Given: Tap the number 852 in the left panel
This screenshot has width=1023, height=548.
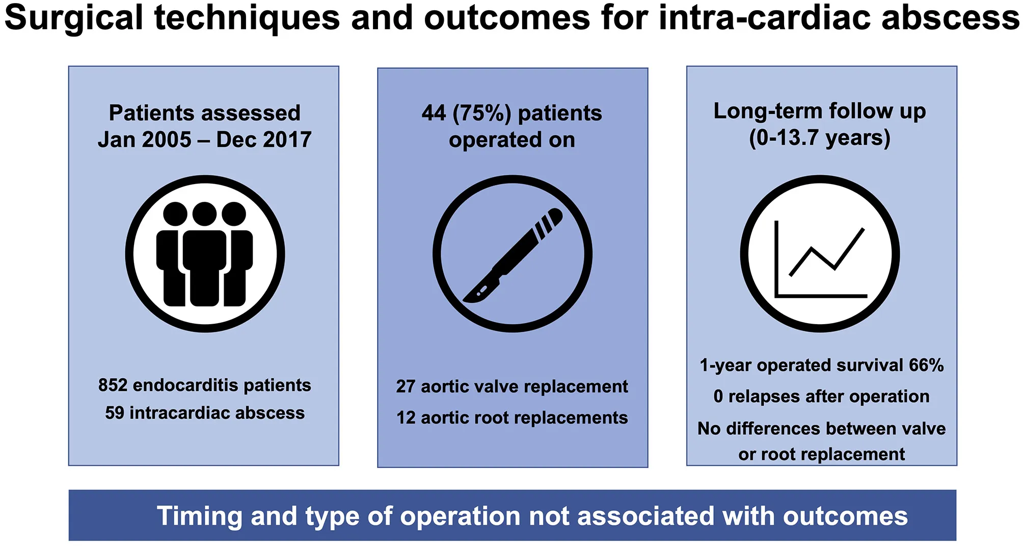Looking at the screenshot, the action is pos(113,385).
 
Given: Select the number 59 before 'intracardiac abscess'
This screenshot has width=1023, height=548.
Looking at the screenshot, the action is pos(115,412).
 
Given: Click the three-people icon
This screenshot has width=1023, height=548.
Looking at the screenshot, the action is pos(205,254).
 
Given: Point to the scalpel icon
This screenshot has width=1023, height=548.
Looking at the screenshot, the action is pos(513,255).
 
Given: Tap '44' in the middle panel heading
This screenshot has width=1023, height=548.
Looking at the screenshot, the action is pos(434,113).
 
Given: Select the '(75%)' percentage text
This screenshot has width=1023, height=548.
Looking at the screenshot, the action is pos(481,114).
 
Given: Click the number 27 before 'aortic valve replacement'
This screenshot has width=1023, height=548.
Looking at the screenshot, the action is pos(406,386).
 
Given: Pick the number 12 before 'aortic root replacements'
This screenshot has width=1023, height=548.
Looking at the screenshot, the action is pos(406,418).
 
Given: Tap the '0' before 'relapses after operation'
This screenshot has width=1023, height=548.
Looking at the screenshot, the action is pos(718,397).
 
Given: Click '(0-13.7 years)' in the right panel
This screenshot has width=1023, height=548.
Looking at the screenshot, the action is pos(820,138).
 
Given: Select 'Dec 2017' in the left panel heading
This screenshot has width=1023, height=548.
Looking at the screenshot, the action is pos(264,140).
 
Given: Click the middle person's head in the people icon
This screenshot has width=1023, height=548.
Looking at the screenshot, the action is pos(204,214).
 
